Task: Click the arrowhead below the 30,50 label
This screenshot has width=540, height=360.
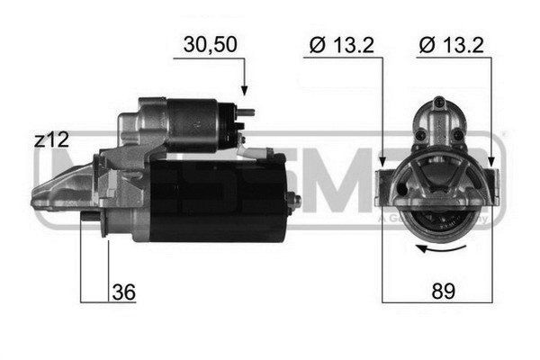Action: (x=244, y=91)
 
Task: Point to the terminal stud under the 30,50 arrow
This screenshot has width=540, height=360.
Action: (x=246, y=112)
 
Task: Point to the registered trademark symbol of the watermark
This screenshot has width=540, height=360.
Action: (x=501, y=135)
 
